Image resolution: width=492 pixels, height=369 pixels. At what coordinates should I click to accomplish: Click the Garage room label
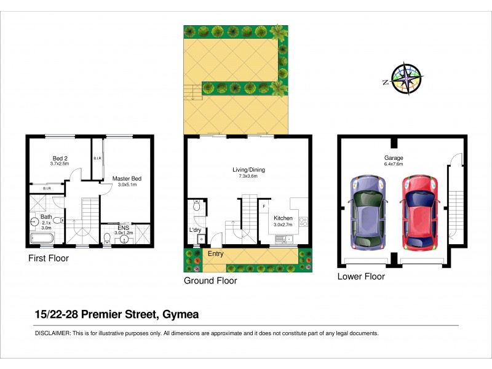point(394,157)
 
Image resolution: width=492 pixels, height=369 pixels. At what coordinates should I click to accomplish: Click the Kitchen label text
point(283,218)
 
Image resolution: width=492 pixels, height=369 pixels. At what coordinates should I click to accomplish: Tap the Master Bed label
point(127,178)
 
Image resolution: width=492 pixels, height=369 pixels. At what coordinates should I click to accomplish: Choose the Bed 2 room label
point(59,157)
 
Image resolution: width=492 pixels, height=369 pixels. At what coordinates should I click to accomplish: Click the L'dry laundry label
point(196,230)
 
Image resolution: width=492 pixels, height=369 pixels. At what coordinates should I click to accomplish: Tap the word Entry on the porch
point(216,254)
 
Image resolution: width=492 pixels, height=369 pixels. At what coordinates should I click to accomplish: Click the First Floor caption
point(49,259)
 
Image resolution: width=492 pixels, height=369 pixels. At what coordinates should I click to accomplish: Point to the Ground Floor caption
point(210,281)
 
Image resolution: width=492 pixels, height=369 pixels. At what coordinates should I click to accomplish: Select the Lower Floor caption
point(361,277)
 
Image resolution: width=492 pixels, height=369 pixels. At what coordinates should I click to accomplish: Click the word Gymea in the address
point(182,314)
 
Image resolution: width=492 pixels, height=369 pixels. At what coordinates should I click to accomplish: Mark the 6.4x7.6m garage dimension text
point(394,164)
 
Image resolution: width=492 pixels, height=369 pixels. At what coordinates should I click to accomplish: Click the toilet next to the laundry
point(196,207)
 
